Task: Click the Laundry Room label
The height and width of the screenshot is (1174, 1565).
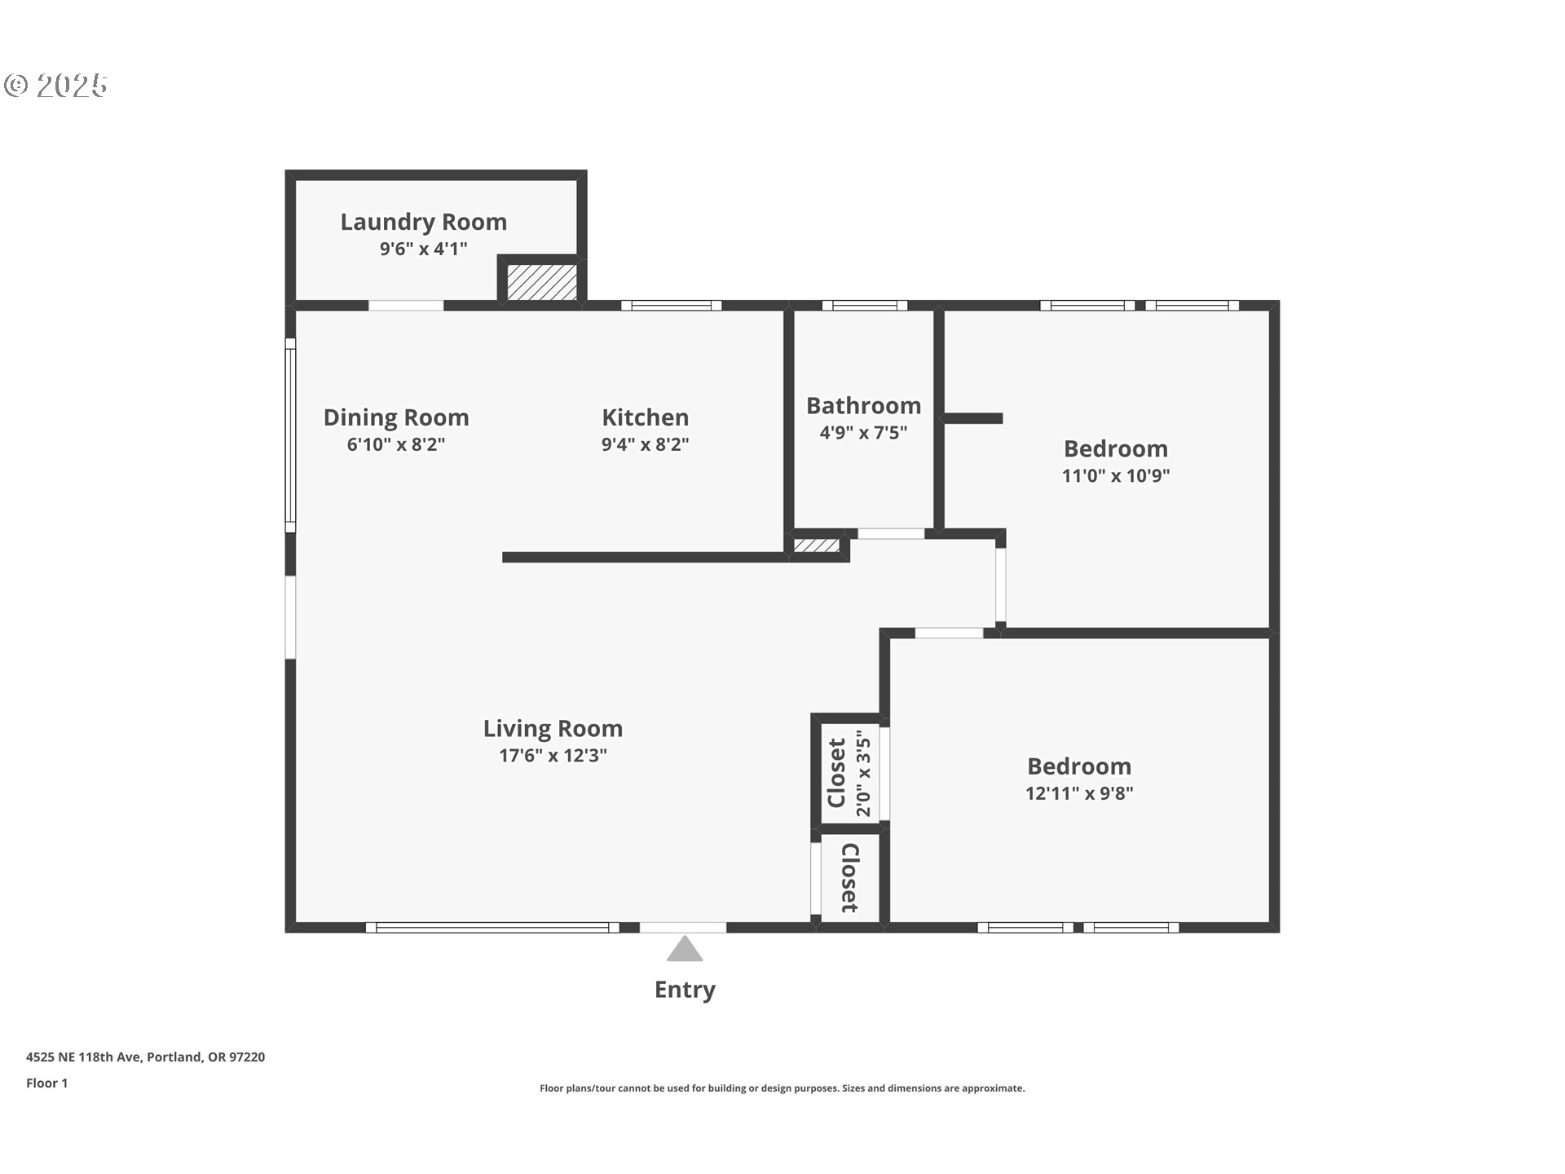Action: (423, 222)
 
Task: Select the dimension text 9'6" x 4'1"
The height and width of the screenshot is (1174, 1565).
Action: (423, 249)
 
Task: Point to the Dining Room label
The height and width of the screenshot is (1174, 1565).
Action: (396, 417)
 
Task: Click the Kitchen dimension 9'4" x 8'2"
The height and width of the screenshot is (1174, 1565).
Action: (645, 444)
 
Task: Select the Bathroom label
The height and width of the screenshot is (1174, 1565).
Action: (863, 405)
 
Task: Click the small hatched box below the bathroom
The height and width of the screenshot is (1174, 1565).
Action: (817, 545)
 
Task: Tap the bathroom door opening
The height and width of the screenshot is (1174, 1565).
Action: (890, 534)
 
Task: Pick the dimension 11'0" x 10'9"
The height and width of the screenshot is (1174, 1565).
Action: (1115, 475)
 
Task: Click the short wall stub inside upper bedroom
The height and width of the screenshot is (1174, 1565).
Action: (972, 418)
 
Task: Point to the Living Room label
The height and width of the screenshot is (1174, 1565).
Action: (553, 728)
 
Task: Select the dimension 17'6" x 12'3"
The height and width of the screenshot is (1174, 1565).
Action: (553, 756)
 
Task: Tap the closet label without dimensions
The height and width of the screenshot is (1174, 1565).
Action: (849, 878)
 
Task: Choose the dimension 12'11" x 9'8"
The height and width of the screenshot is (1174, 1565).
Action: (1079, 793)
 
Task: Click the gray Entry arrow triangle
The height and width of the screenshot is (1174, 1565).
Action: (685, 951)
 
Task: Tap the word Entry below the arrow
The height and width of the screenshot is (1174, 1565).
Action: (685, 990)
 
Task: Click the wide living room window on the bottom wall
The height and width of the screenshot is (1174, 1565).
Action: (492, 927)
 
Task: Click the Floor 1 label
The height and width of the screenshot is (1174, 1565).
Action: (46, 1083)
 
